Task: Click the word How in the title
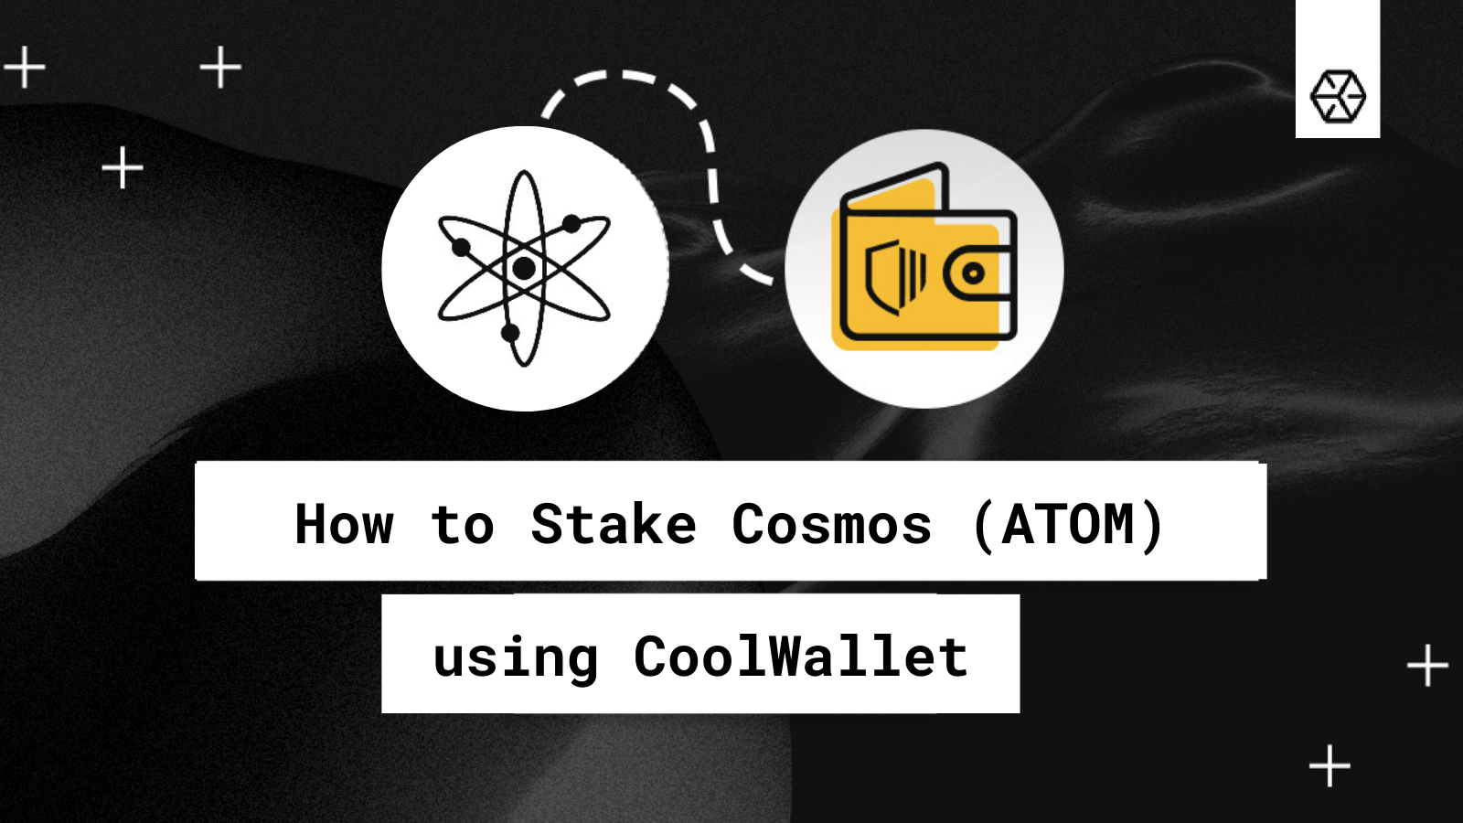[x=344, y=525]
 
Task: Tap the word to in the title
[x=463, y=526]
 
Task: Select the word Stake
[x=614, y=525]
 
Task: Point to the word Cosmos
[x=831, y=525]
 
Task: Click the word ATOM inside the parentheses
[x=1068, y=525]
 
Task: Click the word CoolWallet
[x=800, y=657]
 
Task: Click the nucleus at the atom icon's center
[x=524, y=268]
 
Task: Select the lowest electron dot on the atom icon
[x=510, y=333]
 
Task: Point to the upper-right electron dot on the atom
[x=571, y=223]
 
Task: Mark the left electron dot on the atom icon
[x=461, y=247]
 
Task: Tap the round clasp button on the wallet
[x=974, y=273]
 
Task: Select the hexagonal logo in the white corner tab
[x=1338, y=96]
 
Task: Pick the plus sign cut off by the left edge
[x=22, y=68]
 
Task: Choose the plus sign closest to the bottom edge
[x=1330, y=766]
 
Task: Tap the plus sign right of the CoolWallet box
[x=1427, y=666]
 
